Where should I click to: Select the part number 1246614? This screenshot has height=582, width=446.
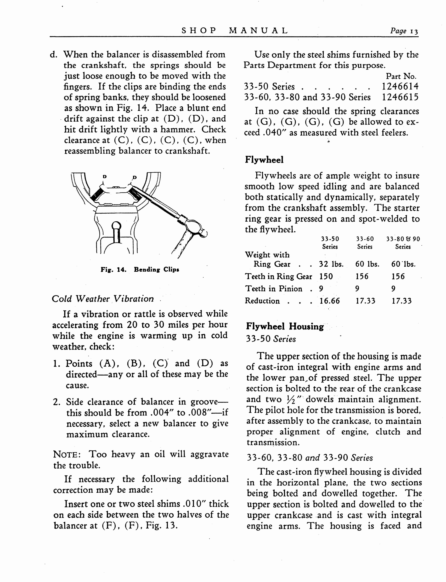tap(400, 86)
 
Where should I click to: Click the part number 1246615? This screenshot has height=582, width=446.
tap(400, 97)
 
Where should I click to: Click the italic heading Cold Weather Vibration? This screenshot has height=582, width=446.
tap(103, 299)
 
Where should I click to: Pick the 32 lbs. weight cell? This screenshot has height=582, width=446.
tap(331, 264)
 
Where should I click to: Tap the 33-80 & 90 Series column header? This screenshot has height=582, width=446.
tap(403, 243)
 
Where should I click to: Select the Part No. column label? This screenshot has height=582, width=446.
tap(401, 76)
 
